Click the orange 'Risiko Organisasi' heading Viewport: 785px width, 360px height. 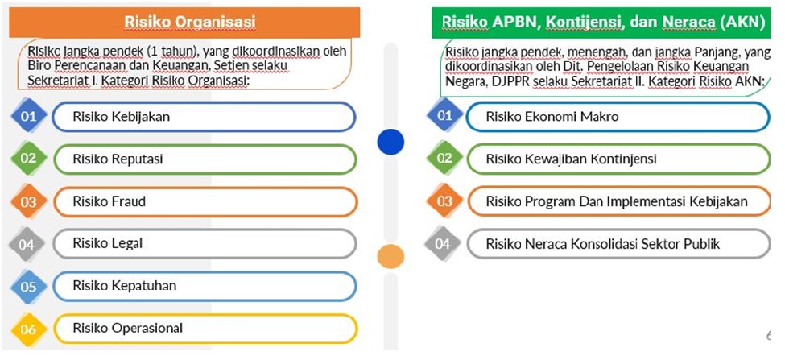(190, 21)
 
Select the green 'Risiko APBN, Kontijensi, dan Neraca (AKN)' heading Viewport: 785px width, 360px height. (602, 21)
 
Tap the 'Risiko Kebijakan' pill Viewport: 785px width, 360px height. (204, 117)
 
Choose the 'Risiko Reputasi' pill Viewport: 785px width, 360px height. (204, 159)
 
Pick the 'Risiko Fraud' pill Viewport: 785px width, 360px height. (204, 201)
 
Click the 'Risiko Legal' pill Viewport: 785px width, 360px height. (204, 243)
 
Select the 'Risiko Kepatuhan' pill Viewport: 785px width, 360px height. (204, 285)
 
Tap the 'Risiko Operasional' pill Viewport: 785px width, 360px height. (204, 328)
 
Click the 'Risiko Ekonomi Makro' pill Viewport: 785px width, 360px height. (617, 117)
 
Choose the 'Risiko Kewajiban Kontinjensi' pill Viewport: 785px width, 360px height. (617, 159)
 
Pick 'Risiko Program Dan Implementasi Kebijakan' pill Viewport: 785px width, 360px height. (617, 201)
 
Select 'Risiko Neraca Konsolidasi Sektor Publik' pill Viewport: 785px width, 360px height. (617, 244)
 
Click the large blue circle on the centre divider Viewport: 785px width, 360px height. (390, 143)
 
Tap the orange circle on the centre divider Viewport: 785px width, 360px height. (390, 256)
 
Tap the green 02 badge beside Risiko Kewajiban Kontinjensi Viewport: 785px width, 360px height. (444, 159)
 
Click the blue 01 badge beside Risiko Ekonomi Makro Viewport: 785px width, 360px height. (444, 117)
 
